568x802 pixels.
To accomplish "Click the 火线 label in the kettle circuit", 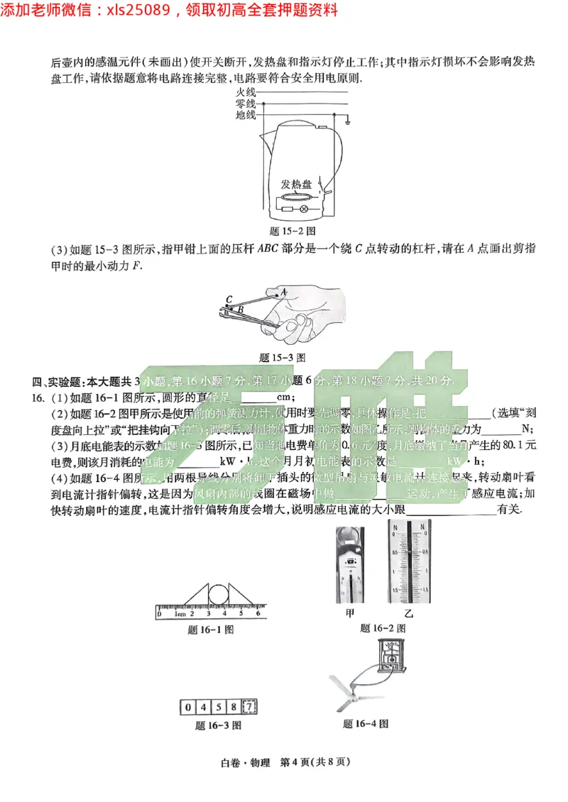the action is coord(245,92).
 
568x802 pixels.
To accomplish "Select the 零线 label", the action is coord(245,104).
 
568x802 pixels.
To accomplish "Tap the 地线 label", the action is coord(245,115).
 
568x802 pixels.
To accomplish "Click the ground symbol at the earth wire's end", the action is coord(348,123).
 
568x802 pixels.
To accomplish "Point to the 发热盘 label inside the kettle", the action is coord(296,183).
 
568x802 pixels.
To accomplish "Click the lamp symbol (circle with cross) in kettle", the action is coord(304,209).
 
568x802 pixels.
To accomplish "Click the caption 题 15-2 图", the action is coord(293,231).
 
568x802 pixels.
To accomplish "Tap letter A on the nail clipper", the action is coord(283,292).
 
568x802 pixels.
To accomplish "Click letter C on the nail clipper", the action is coord(229,299).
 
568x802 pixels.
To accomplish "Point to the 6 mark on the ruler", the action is coord(258,613).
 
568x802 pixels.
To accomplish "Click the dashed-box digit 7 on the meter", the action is coord(249,707).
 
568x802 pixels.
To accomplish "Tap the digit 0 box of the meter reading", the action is coord(187,707).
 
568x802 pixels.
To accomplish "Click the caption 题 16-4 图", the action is coord(365,724).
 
